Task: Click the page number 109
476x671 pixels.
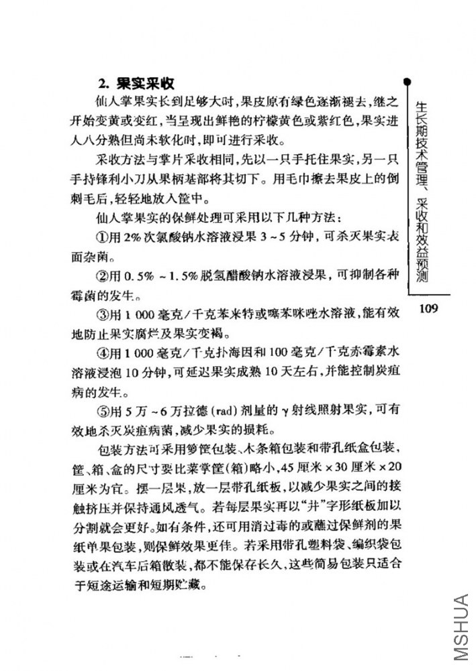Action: (x=426, y=308)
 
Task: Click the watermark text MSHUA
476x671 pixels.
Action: (x=461, y=631)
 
